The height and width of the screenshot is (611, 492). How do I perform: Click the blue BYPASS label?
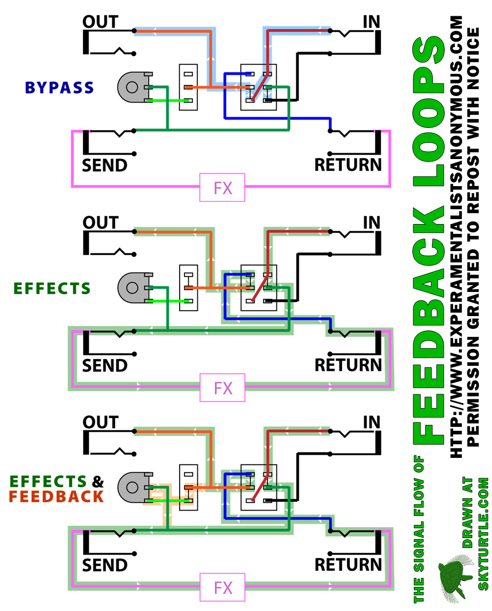coord(59,88)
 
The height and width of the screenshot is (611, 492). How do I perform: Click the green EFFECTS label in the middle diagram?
coord(52,289)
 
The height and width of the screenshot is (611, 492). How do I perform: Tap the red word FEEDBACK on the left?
coord(56,497)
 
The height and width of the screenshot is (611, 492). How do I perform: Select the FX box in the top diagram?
coord(222,188)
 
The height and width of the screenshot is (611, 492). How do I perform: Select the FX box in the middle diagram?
coord(222,388)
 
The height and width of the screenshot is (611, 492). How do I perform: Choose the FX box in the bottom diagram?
coord(222,587)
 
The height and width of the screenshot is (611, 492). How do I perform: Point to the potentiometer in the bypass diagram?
coord(132,88)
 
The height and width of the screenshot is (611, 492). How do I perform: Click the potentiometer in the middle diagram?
coord(132,288)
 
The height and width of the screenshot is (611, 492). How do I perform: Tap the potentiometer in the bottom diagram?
coord(132,487)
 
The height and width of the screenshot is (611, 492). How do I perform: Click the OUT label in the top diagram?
coord(100,22)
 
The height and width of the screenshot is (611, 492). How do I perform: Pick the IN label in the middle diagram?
coord(371,223)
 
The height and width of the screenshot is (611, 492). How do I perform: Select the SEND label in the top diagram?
coord(104,165)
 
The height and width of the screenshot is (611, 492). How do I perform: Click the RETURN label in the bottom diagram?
coord(348,565)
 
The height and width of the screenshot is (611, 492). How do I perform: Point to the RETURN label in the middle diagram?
coord(348,365)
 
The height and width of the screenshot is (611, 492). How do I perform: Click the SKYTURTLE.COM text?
coord(483,534)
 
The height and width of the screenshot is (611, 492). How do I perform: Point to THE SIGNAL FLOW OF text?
coord(419,529)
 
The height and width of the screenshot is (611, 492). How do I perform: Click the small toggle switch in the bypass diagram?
coord(188,88)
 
